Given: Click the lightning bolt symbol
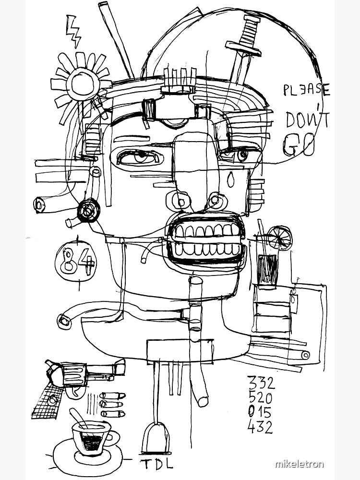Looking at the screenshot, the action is pyautogui.click(x=73, y=32).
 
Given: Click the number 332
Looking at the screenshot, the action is pyautogui.click(x=261, y=383).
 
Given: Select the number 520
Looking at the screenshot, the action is pyautogui.click(x=260, y=397).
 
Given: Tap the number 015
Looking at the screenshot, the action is pyautogui.click(x=260, y=412).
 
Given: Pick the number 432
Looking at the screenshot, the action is pyautogui.click(x=260, y=427).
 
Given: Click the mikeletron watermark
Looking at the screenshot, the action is pyautogui.click(x=299, y=464).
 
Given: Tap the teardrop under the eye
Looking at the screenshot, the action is pyautogui.click(x=231, y=180).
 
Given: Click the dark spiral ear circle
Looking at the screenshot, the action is pyautogui.click(x=88, y=210).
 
